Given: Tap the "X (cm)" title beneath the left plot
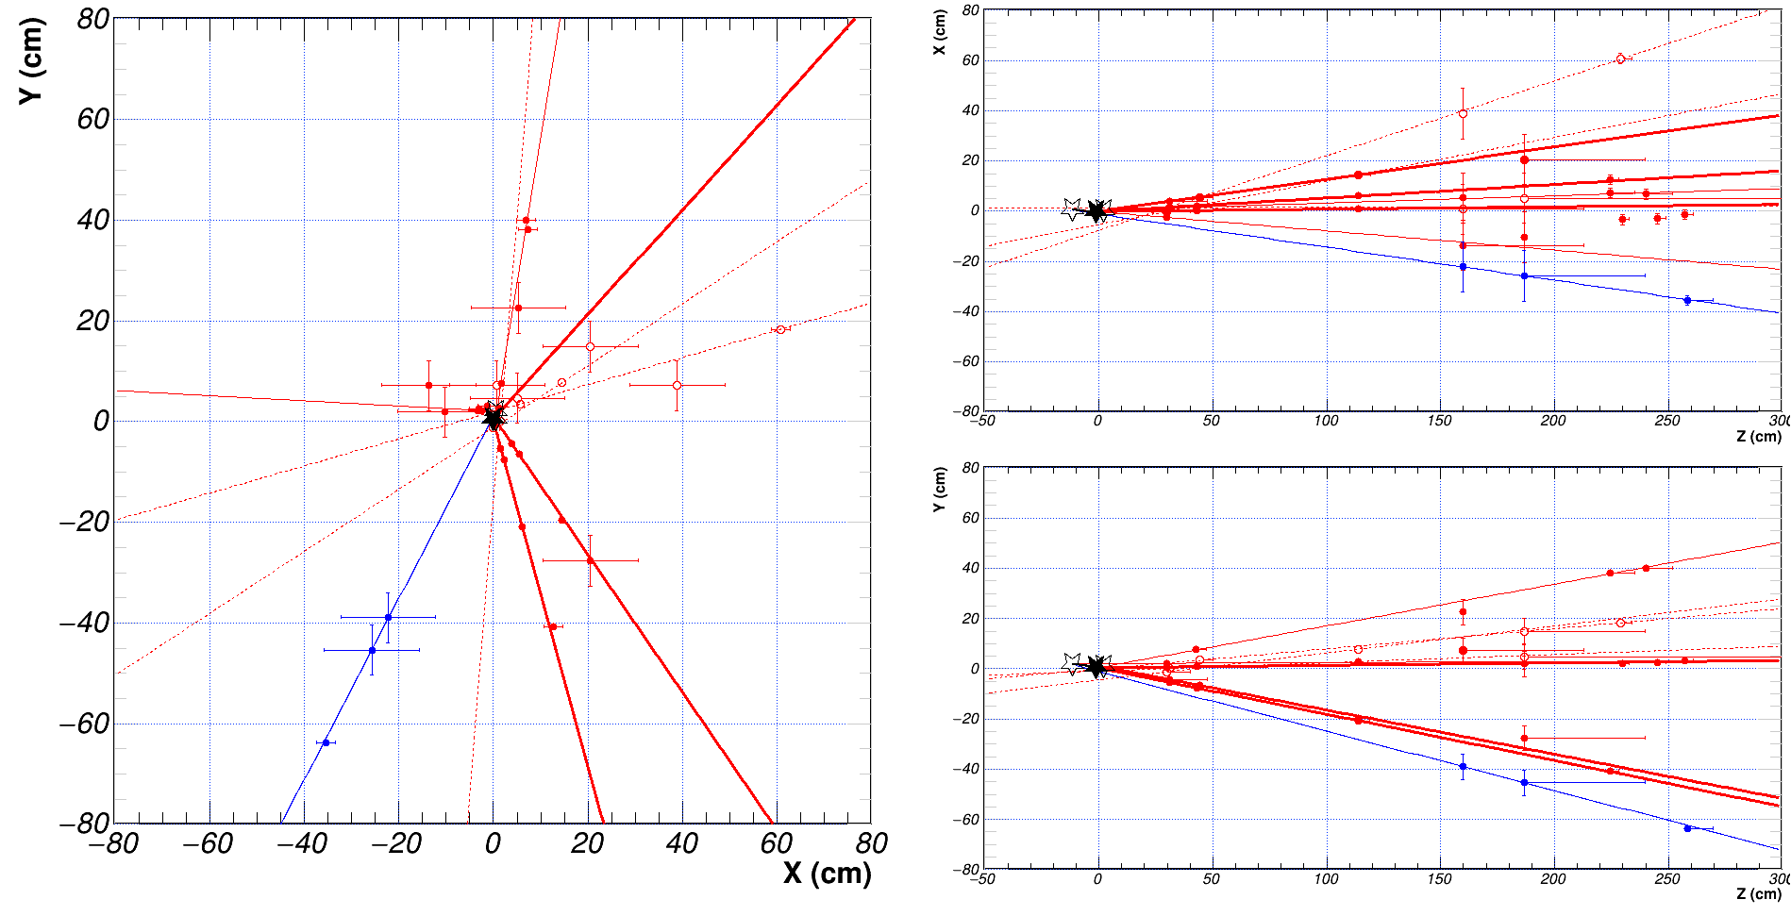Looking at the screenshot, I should [x=827, y=874].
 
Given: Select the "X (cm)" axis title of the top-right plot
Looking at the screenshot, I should [x=939, y=32].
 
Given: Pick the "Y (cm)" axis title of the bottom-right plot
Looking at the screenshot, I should [x=939, y=490].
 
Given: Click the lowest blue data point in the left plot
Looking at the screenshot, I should [x=326, y=742].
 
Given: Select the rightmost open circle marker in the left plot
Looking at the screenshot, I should [x=780, y=329].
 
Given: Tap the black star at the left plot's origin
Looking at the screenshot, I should [x=493, y=417].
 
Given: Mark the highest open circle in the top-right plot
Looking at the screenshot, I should [x=1620, y=58].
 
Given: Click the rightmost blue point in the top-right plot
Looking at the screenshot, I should [x=1687, y=300].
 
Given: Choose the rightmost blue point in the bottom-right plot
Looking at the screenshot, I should [x=1687, y=828].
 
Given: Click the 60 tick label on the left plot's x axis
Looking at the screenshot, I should [x=776, y=843].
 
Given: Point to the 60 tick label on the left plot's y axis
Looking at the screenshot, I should [x=93, y=119].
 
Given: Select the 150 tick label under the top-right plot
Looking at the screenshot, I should [x=1439, y=421].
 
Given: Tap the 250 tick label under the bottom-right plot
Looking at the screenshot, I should [x=1666, y=879].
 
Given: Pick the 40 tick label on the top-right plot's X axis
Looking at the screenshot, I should [x=971, y=110].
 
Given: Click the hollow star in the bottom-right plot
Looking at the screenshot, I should [x=1072, y=663].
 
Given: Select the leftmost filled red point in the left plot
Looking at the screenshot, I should [x=428, y=385].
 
